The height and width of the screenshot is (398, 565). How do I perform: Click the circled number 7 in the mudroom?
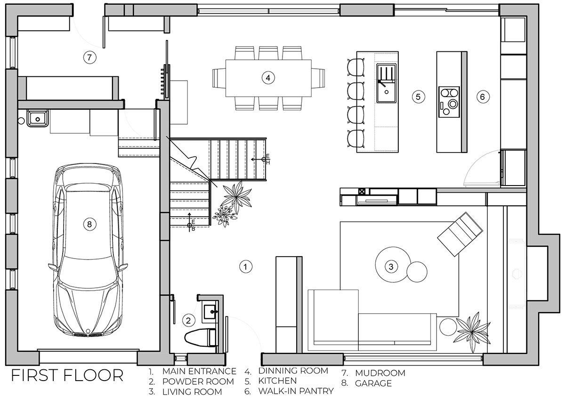point(89,57)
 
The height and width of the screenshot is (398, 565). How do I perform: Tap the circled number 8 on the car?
point(89,224)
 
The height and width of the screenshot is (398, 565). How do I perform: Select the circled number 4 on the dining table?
point(268,78)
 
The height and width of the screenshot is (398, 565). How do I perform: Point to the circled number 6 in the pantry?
point(483,97)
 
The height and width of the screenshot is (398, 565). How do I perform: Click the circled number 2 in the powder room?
point(188,321)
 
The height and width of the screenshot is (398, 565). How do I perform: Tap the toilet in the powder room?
point(201,337)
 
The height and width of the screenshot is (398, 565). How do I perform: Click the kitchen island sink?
point(386,83)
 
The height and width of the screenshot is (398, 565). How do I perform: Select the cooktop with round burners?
point(449,102)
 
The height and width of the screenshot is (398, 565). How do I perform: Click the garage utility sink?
point(38,118)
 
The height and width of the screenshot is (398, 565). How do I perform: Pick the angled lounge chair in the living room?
point(460,234)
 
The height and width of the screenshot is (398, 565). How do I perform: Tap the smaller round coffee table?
point(417,272)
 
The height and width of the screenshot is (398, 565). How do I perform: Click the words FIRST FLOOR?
point(67,375)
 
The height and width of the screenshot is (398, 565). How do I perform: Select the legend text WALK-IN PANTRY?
point(296,391)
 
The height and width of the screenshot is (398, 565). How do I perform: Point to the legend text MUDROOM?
point(380,373)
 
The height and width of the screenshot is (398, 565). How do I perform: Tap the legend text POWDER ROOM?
point(198,382)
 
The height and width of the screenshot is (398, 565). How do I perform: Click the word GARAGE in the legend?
point(373,383)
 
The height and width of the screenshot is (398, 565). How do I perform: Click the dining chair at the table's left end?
point(219,78)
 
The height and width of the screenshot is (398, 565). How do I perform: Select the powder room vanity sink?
point(209,312)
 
